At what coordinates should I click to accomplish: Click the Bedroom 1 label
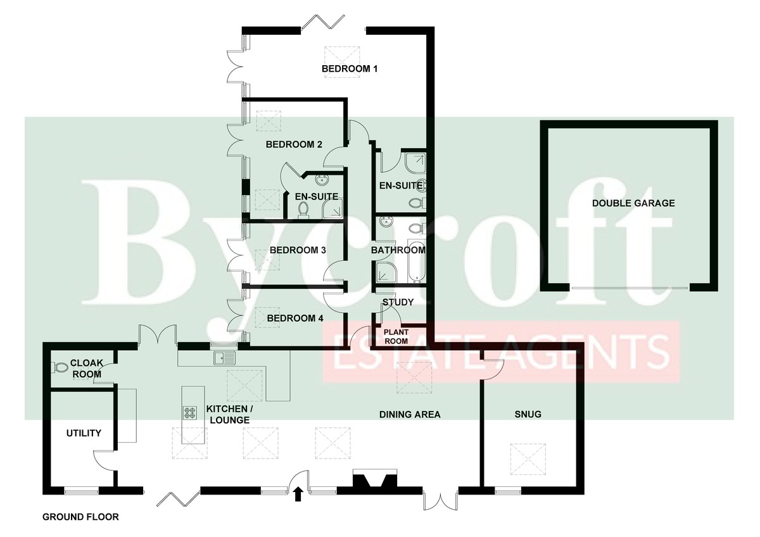tap(350, 69)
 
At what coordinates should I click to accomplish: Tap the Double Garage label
tap(633, 203)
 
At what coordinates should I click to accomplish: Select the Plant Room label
tap(396, 336)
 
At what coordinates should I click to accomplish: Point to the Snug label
tap(528, 414)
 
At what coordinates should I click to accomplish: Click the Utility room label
tap(84, 433)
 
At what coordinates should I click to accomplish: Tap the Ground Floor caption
tap(81, 517)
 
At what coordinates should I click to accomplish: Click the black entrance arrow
tap(298, 494)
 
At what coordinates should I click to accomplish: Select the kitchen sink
tap(224, 358)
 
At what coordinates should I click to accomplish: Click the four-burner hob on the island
tap(189, 413)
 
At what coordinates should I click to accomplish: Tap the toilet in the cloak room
tap(60, 367)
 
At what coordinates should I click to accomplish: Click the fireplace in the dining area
tap(375, 478)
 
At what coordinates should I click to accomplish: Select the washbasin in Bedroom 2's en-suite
tap(321, 180)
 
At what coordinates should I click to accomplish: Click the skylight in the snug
tap(528, 460)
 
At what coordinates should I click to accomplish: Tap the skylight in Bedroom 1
tap(342, 62)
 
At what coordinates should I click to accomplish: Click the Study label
tap(398, 302)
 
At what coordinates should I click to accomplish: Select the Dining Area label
tap(410, 414)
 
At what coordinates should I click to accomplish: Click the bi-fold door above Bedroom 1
tap(324, 22)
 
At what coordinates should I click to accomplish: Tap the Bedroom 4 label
tap(295, 318)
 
